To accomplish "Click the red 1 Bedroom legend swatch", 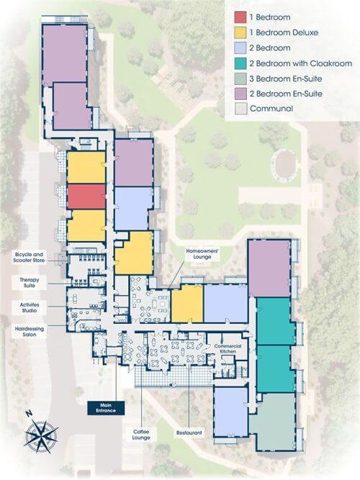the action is click(x=240, y=17).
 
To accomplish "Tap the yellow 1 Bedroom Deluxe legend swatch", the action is click(x=240, y=32).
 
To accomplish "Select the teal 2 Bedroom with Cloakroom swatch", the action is click(x=240, y=63).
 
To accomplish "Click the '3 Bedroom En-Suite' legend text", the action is click(x=286, y=78).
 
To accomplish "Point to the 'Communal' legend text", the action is click(x=271, y=109).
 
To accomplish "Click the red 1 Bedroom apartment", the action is click(x=86, y=196).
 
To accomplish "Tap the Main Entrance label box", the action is click(x=106, y=408).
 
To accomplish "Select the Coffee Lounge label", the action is click(x=141, y=435).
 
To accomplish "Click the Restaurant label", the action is click(x=189, y=433).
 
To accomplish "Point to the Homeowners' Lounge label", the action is click(x=202, y=254).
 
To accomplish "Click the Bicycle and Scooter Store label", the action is click(x=29, y=258).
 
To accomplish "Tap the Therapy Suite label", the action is click(x=29, y=283).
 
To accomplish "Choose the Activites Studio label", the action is click(x=30, y=308).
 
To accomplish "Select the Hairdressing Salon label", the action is click(x=30, y=332).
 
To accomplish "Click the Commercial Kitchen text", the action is click(x=228, y=349).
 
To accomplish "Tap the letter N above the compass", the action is click(x=30, y=414).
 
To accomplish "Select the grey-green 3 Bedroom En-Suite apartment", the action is click(x=272, y=422).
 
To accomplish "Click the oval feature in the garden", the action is click(x=285, y=164).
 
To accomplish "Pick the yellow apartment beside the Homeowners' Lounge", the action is click(x=187, y=303).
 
